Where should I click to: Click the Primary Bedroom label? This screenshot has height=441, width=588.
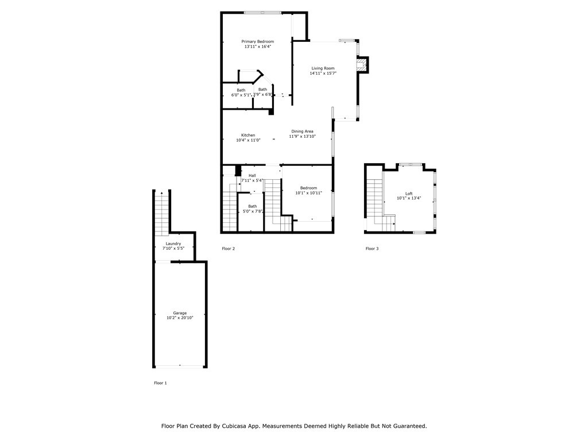[x=257, y=41]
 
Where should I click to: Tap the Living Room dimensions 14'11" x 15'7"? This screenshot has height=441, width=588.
[x=323, y=73]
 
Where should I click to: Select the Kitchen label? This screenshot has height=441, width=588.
[x=248, y=136]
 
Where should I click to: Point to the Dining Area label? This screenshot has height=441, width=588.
[x=302, y=131]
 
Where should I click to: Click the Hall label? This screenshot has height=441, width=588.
[x=252, y=176]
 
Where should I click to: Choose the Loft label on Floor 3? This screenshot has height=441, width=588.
[x=409, y=194]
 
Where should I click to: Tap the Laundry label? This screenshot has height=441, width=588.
[x=173, y=243]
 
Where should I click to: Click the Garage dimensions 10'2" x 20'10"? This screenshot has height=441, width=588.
[x=180, y=318]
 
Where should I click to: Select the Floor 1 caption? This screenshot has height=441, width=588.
[x=160, y=383]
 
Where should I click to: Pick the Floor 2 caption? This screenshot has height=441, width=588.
[x=229, y=249]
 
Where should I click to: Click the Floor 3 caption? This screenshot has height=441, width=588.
[x=372, y=249]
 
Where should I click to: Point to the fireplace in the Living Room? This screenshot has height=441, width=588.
[x=361, y=65]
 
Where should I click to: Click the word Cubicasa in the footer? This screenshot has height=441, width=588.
[x=248, y=426]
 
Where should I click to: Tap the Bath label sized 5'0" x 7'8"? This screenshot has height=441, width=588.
[x=253, y=206]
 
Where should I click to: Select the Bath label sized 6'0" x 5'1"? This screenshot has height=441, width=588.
[x=241, y=90]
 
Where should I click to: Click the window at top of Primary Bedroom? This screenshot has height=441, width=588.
[x=262, y=13]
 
